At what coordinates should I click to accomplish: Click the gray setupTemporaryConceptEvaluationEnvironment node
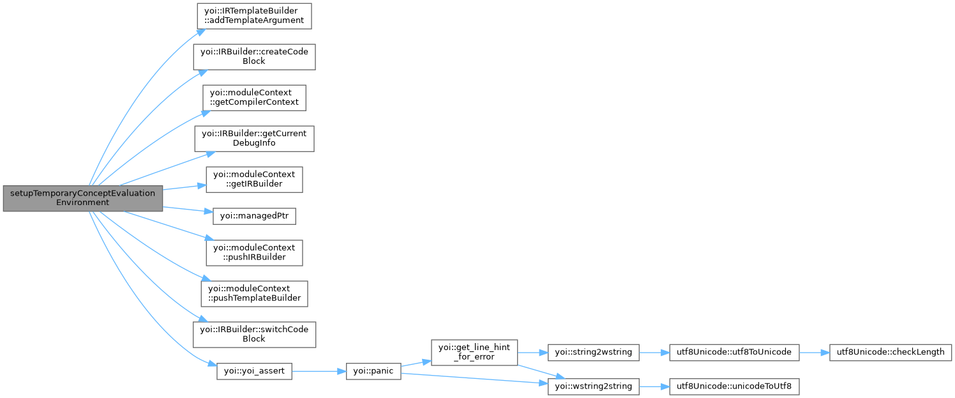coord(82,198)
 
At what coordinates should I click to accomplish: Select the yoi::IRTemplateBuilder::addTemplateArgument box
coord(253,16)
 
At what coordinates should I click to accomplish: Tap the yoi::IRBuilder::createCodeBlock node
coord(253,57)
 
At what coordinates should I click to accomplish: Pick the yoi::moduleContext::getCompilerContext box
coord(253,97)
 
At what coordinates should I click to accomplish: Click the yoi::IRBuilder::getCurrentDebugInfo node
coord(253,139)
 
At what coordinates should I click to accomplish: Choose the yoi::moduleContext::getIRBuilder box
coord(253,180)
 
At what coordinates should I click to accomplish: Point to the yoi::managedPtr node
coord(253,216)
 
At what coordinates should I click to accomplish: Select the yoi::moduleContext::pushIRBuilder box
coord(253,252)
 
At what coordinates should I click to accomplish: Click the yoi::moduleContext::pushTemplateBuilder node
coord(253,293)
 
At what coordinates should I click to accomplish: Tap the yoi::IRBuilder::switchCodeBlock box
coord(253,334)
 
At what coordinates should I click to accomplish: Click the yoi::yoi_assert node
coord(253,371)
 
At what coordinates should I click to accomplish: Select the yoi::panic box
coord(373,371)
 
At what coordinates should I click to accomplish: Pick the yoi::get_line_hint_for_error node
coord(474,352)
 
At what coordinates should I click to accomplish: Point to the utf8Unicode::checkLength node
coord(891,352)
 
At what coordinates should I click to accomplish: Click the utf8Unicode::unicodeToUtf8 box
coord(733,386)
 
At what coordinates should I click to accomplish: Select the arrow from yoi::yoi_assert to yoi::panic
coord(319,371)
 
